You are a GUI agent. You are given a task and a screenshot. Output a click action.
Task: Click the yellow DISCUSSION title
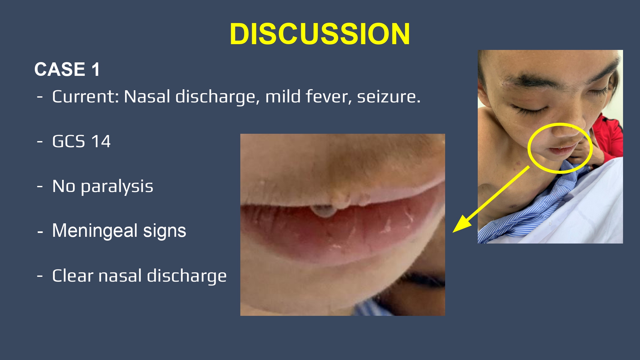pos(320,34)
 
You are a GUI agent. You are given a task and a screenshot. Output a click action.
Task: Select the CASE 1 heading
pos(67,69)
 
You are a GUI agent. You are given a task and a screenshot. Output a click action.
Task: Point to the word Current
pos(85,96)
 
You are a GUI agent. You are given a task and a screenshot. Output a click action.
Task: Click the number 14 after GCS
pos(101,141)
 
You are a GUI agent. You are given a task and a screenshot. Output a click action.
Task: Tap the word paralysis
pos(117,187)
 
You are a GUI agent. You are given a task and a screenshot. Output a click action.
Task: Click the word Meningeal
pos(95,231)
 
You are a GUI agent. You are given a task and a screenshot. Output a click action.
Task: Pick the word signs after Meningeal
pos(164,231)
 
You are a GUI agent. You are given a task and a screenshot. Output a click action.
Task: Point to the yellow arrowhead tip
pos(453,232)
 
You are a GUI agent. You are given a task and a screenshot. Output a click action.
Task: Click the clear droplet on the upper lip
pos(324,211)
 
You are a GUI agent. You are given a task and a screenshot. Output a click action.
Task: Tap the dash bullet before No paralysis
pos(40,187)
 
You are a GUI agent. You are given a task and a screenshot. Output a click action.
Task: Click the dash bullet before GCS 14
pos(40,141)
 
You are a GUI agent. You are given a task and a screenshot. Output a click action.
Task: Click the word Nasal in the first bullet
pos(147,96)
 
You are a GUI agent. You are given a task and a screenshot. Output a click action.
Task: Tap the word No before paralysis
pos(64,186)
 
